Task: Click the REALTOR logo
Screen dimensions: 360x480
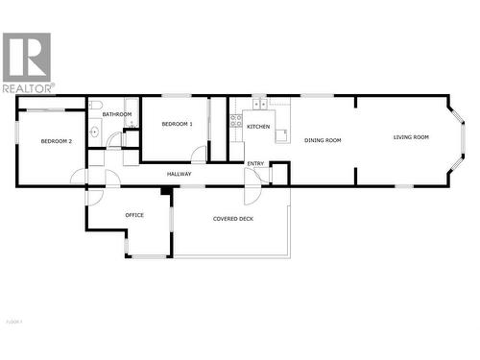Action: (27, 62)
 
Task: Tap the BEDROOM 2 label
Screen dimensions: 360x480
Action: (57, 141)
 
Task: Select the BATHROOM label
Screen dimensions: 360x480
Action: (117, 114)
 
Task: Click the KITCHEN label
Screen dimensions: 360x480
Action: (258, 127)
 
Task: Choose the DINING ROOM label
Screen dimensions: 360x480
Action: (323, 140)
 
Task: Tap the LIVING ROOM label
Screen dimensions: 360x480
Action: (411, 137)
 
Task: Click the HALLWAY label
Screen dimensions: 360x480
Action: (179, 174)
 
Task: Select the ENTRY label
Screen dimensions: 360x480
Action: (255, 163)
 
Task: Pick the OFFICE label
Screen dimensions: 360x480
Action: (134, 215)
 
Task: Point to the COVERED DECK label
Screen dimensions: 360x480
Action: (232, 219)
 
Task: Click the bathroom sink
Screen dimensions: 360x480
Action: (94, 133)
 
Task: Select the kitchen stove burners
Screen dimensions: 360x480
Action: (235, 120)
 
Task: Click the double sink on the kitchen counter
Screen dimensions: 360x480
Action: (259, 104)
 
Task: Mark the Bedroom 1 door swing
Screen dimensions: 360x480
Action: (198, 155)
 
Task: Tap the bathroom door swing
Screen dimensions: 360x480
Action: (115, 141)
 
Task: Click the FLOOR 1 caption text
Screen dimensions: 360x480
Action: (13, 320)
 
